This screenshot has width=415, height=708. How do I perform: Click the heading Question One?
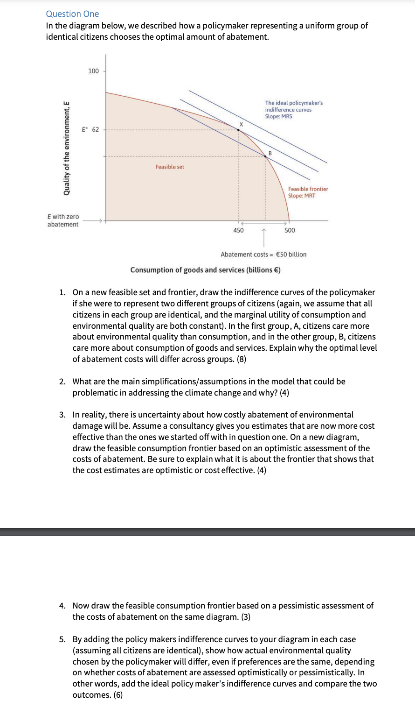click(x=72, y=14)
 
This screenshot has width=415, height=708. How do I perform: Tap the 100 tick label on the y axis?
click(x=93, y=71)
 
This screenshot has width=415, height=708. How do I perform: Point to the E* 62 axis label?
click(x=90, y=129)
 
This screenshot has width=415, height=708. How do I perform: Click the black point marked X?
click(x=239, y=130)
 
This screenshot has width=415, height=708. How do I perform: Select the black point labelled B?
click(x=266, y=156)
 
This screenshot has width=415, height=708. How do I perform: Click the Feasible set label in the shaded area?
click(x=170, y=167)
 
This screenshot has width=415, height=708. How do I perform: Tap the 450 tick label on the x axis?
click(x=238, y=230)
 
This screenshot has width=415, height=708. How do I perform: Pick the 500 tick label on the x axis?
click(x=290, y=230)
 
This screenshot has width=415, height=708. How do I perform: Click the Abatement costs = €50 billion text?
click(x=263, y=255)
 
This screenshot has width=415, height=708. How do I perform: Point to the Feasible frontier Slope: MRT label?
click(x=308, y=192)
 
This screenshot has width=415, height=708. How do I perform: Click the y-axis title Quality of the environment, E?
click(x=67, y=149)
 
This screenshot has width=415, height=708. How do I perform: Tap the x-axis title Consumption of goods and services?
click(x=205, y=270)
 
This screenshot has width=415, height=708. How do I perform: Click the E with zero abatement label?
click(x=63, y=220)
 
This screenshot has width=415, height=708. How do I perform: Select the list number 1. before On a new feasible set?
click(x=62, y=292)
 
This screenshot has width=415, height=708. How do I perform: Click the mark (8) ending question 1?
click(x=241, y=359)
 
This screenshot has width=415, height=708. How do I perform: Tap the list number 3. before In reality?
click(x=62, y=415)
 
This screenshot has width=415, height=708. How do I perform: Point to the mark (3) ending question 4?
click(x=245, y=617)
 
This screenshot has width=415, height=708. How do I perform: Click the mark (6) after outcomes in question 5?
click(x=118, y=695)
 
